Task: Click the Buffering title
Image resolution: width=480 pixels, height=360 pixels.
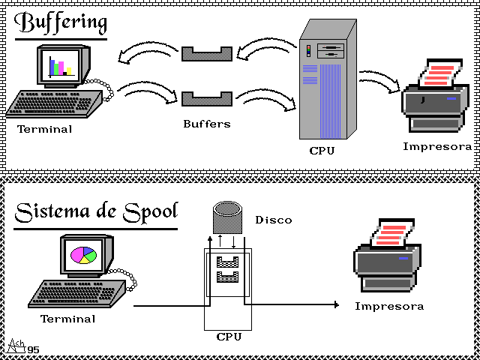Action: tap(60, 22)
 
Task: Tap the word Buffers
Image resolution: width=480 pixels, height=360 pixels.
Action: tap(206, 124)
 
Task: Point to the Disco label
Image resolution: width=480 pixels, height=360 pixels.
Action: tap(274, 220)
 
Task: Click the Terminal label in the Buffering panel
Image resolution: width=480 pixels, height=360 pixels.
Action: tap(45, 129)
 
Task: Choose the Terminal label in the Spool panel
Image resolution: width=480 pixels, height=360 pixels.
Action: tap(67, 319)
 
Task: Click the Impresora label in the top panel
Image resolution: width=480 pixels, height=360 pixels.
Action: tap(437, 146)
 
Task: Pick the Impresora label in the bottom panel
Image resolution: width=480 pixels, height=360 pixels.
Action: tap(389, 306)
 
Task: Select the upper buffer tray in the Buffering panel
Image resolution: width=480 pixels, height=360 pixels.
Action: tap(206, 53)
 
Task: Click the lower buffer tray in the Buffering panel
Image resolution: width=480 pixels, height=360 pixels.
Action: tap(206, 98)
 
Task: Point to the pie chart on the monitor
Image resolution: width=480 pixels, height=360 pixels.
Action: tap(83, 255)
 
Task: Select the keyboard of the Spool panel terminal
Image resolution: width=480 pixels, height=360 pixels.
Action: tap(75, 292)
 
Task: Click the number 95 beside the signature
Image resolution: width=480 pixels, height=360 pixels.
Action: tap(33, 349)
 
